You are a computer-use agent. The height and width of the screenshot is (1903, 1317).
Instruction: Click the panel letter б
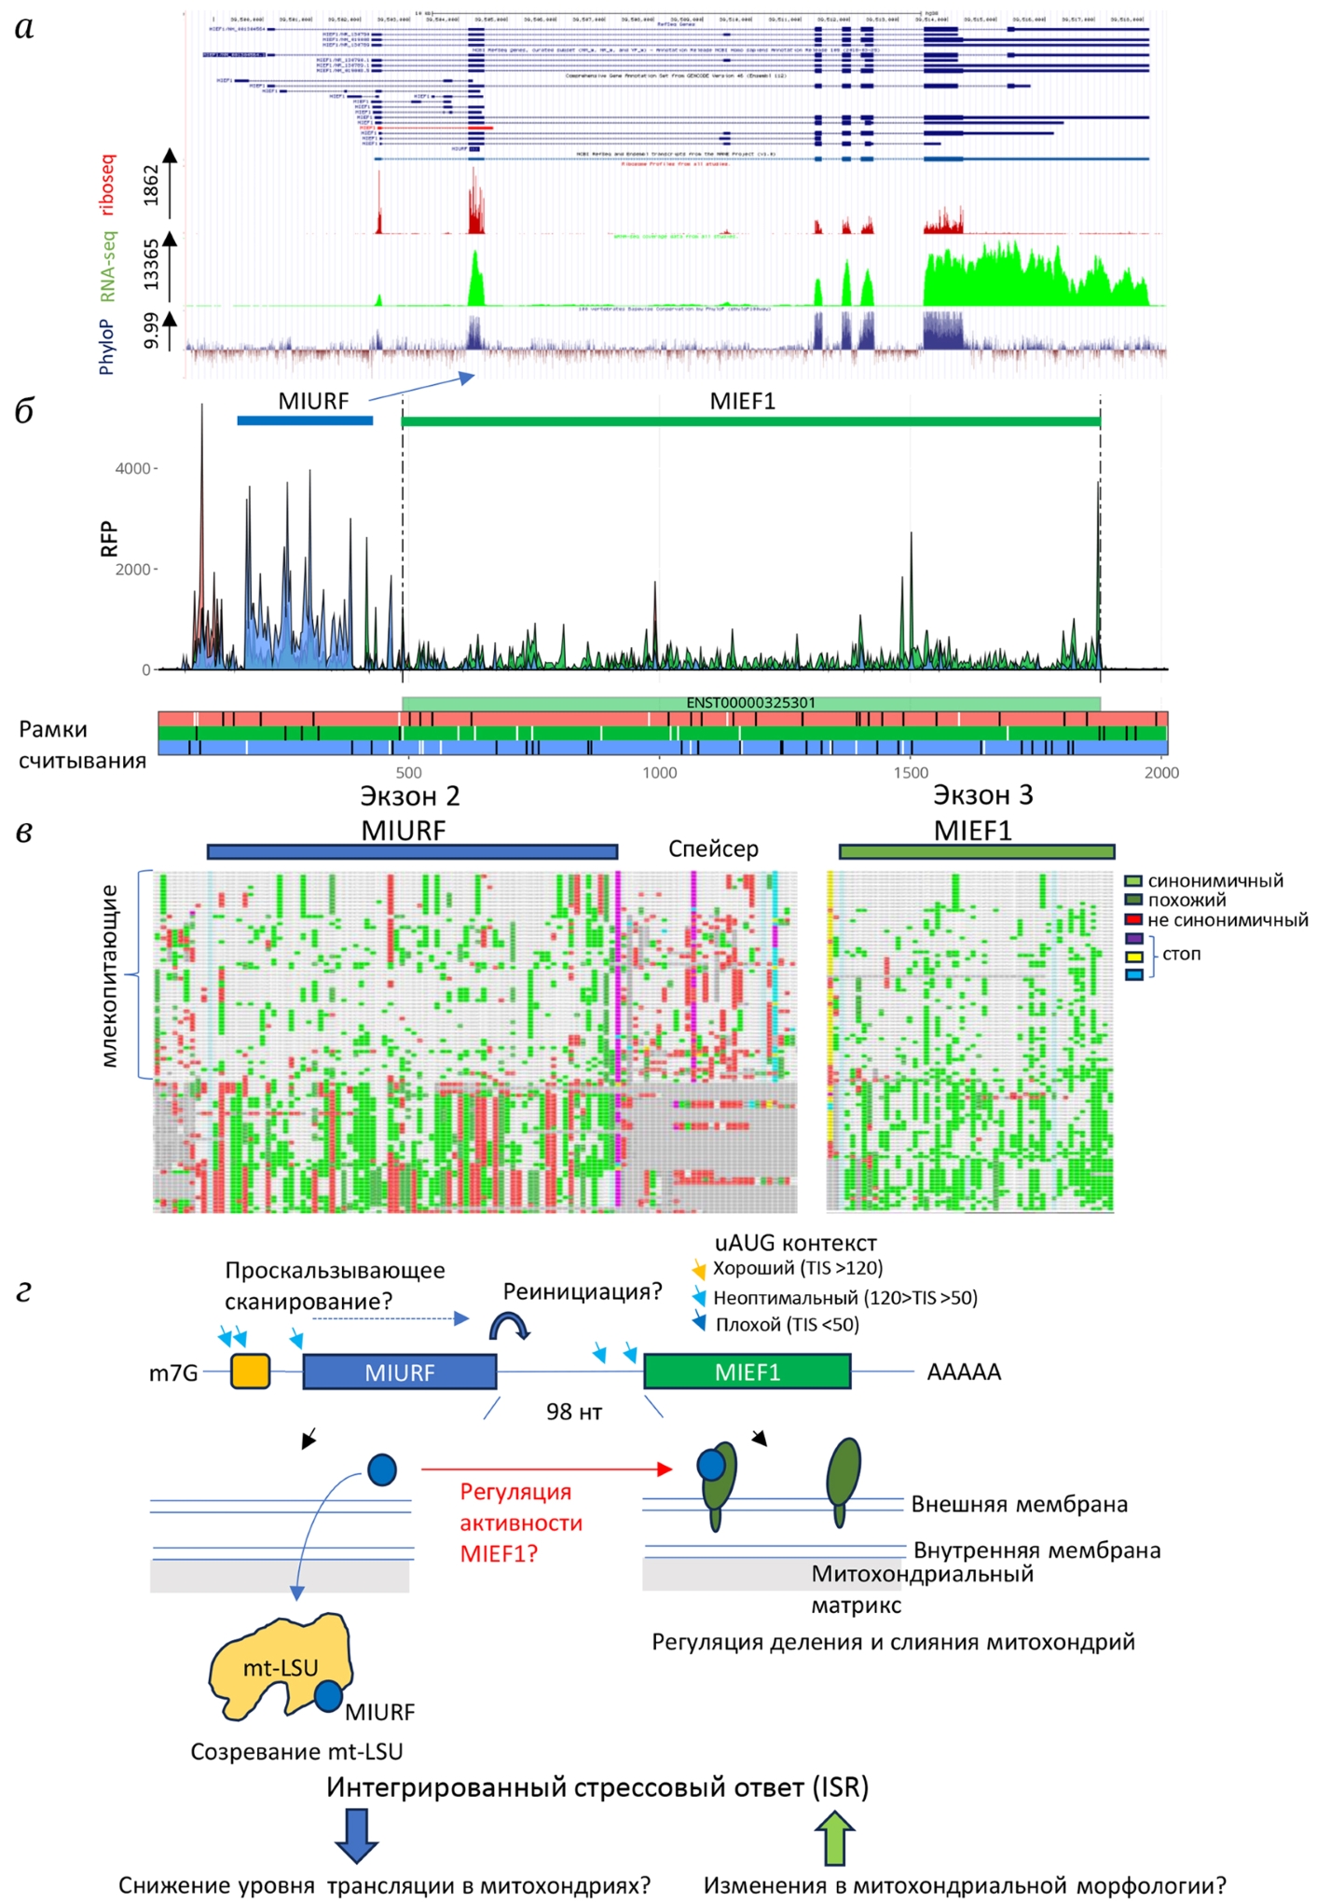(x=25, y=411)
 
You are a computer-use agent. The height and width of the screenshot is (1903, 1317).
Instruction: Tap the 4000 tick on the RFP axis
(x=132, y=468)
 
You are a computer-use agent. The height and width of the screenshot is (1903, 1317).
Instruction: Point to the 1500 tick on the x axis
(x=911, y=772)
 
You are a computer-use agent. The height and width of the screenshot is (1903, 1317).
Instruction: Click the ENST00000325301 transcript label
(x=750, y=703)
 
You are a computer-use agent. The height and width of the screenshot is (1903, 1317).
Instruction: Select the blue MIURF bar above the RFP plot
(x=305, y=421)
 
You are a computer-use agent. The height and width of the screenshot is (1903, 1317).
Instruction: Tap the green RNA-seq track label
(x=108, y=267)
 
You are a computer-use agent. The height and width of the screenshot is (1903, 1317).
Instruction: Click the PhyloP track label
(x=106, y=346)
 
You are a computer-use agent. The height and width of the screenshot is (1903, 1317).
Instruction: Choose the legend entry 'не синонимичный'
(x=1227, y=920)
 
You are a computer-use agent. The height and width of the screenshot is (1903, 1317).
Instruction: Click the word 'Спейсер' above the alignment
(x=713, y=848)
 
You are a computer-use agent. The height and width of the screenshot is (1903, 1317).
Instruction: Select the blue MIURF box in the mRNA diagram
(x=399, y=1372)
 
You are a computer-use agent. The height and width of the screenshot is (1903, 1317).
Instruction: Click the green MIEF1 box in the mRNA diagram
(x=747, y=1372)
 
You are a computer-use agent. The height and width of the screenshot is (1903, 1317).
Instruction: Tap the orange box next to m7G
(x=251, y=1372)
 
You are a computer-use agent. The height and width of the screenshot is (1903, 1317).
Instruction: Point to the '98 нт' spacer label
(x=574, y=1412)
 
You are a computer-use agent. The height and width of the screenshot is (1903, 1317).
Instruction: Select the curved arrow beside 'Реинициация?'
(x=509, y=1326)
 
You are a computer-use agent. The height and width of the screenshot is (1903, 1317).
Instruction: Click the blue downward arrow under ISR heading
(x=356, y=1835)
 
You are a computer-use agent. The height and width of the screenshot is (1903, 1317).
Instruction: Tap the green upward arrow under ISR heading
(x=834, y=1835)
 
